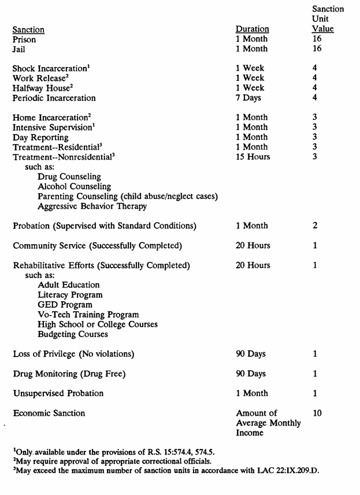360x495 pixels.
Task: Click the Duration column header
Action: click(253, 29)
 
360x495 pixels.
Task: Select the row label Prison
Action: click(24, 40)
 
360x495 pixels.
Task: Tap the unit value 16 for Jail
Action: click(317, 50)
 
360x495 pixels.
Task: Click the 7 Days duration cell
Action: click(248, 98)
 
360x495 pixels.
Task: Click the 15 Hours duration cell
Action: click(253, 157)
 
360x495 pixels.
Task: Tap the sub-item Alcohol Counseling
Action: click(74, 186)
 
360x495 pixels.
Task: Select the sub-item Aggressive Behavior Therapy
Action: click(92, 206)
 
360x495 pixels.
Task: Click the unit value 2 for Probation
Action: click(315, 225)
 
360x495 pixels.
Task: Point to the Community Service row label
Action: click(97, 246)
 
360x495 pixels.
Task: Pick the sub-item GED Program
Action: click(64, 305)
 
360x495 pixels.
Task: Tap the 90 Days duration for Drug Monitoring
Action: click(251, 374)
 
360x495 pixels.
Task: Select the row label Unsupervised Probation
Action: click(58, 393)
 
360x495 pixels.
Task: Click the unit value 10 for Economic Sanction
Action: click(317, 413)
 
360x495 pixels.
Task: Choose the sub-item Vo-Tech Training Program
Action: click(88, 315)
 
